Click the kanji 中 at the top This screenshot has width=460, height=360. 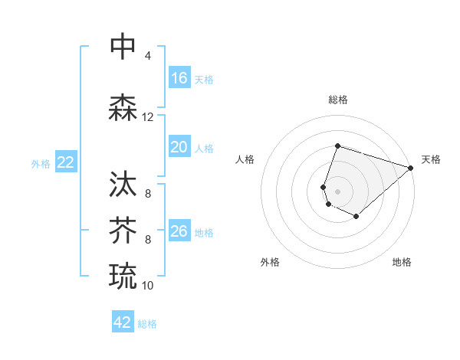pyautogui.click(x=123, y=46)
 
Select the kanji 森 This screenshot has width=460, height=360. pyautogui.click(x=123, y=108)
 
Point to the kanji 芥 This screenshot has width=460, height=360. pyautogui.click(x=123, y=230)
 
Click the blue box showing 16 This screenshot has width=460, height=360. pyautogui.click(x=179, y=78)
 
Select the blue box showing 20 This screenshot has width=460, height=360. pyautogui.click(x=179, y=147)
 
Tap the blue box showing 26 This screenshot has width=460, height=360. pyautogui.click(x=179, y=231)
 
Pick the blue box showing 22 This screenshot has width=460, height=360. pyautogui.click(x=66, y=162)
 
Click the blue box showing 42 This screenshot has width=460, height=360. pyautogui.click(x=123, y=322)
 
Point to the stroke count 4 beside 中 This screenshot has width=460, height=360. pyautogui.click(x=147, y=56)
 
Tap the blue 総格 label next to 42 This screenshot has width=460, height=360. pyautogui.click(x=147, y=324)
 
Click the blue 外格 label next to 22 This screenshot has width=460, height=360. pyautogui.click(x=41, y=163)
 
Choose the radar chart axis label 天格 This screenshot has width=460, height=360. pyautogui.click(x=431, y=159)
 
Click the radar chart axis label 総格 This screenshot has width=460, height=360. pyautogui.click(x=337, y=100)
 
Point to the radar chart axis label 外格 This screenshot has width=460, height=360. pyautogui.click(x=270, y=262)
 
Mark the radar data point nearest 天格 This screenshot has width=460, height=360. pyautogui.click(x=411, y=168)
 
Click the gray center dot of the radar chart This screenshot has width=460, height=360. pyautogui.click(x=337, y=191)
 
